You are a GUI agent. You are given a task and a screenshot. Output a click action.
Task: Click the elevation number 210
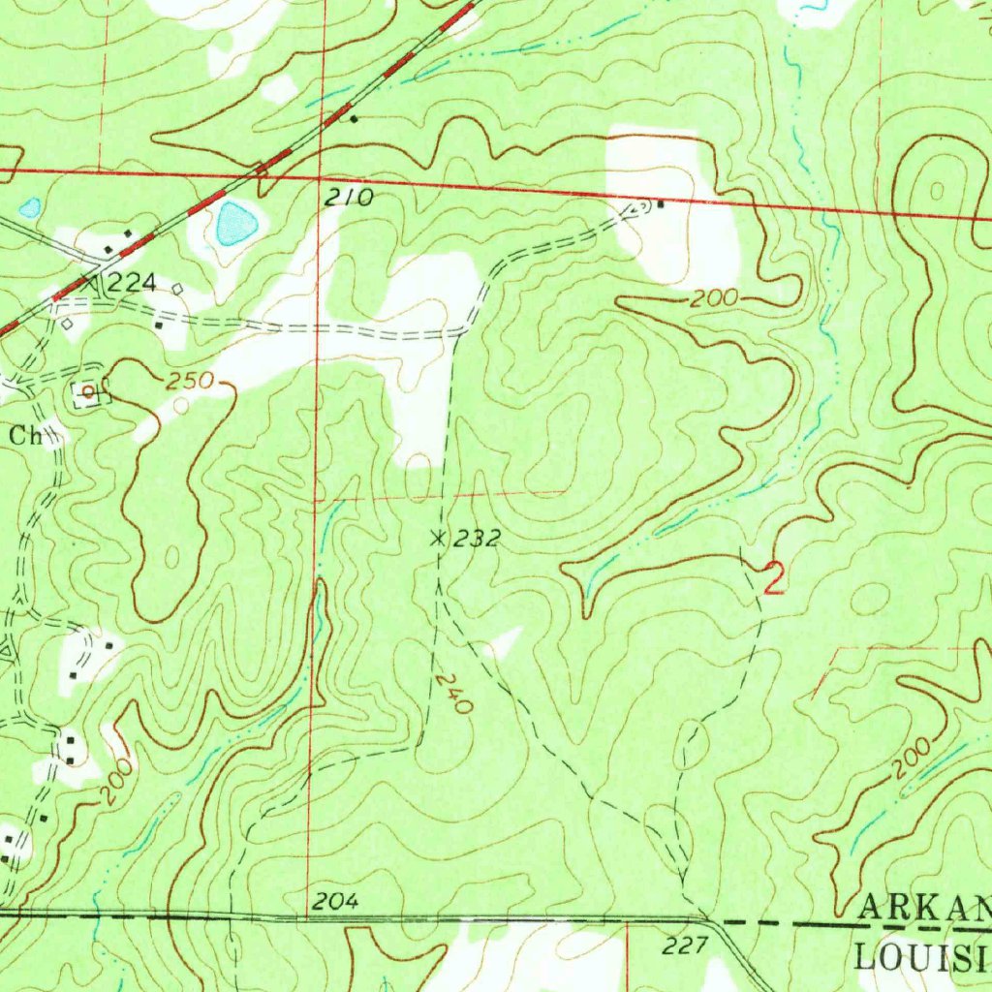tap(349, 199)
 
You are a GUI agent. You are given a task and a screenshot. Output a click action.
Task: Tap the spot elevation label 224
tap(132, 284)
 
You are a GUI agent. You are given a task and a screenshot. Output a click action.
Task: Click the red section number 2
tap(774, 578)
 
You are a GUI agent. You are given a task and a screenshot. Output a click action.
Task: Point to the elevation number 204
tap(336, 902)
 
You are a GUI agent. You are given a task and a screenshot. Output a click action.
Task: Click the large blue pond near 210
tap(237, 224)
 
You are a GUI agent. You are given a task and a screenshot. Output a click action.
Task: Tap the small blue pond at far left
tap(30, 207)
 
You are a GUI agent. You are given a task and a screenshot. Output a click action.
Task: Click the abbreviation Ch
tap(27, 436)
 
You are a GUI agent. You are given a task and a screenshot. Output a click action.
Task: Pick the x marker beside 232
tap(438, 538)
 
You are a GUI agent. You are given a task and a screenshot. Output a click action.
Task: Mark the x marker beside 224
tap(90, 284)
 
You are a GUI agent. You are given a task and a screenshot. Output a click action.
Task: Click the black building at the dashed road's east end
tap(661, 204)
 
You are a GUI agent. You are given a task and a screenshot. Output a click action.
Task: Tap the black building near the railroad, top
tap(355, 119)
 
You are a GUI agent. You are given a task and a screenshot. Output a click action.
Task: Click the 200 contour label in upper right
tap(715, 300)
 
